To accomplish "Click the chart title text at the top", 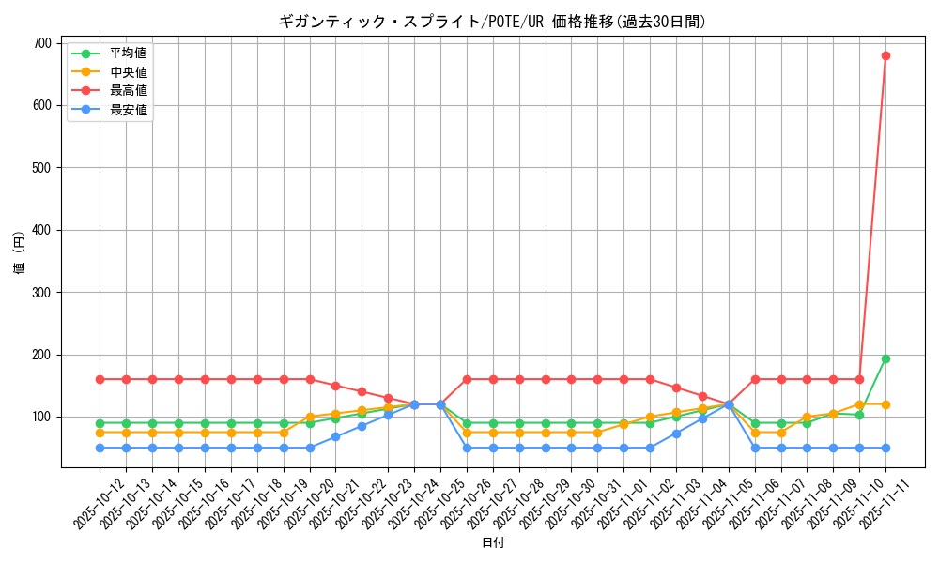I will click(492, 21).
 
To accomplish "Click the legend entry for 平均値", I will click(128, 53).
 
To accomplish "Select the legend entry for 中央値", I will click(128, 72).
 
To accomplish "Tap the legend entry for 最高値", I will click(128, 91).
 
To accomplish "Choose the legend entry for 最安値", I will click(128, 110).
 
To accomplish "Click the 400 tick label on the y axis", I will click(41, 230).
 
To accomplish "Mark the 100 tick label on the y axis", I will click(41, 417).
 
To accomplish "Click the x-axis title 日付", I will click(493, 543).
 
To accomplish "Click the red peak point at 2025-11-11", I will click(885, 55).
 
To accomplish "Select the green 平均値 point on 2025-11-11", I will click(885, 358).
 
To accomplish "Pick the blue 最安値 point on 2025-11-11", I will click(885, 448).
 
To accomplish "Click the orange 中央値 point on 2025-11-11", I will click(885, 404).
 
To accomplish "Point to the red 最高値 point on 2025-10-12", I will click(100, 379).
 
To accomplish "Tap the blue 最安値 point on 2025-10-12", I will click(100, 448).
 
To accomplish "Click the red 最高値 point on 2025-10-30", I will click(571, 379).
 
